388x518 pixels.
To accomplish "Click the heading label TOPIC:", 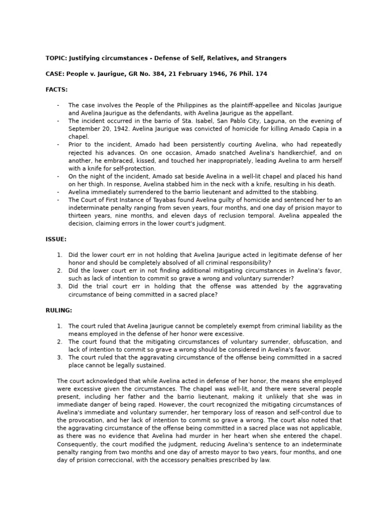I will pyautogui.click(x=56, y=58).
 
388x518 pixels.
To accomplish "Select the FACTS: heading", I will pyautogui.click(x=57, y=90).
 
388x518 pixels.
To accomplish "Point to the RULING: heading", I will pyautogui.click(x=59, y=310).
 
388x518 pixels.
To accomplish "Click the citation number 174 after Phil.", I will pyautogui.click(x=261, y=74).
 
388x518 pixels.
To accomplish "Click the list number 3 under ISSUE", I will pyautogui.click(x=59, y=286).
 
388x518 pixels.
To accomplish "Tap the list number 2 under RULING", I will pyautogui.click(x=59, y=342).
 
